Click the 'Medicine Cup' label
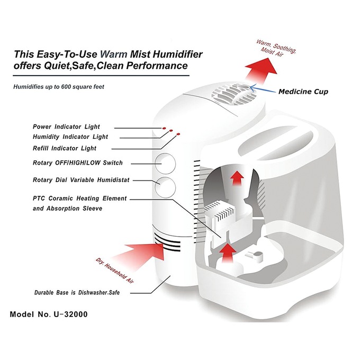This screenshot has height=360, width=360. pos(303,92)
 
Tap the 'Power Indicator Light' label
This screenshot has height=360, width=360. pos(66,127)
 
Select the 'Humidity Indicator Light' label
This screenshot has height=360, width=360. pos(70,137)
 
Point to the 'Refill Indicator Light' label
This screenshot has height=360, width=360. pos(65,148)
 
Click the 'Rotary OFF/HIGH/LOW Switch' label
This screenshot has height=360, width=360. pos(77,163)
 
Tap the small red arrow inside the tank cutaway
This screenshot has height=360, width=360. pos(238,177)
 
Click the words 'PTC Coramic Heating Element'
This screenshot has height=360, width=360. pos(80,199)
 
